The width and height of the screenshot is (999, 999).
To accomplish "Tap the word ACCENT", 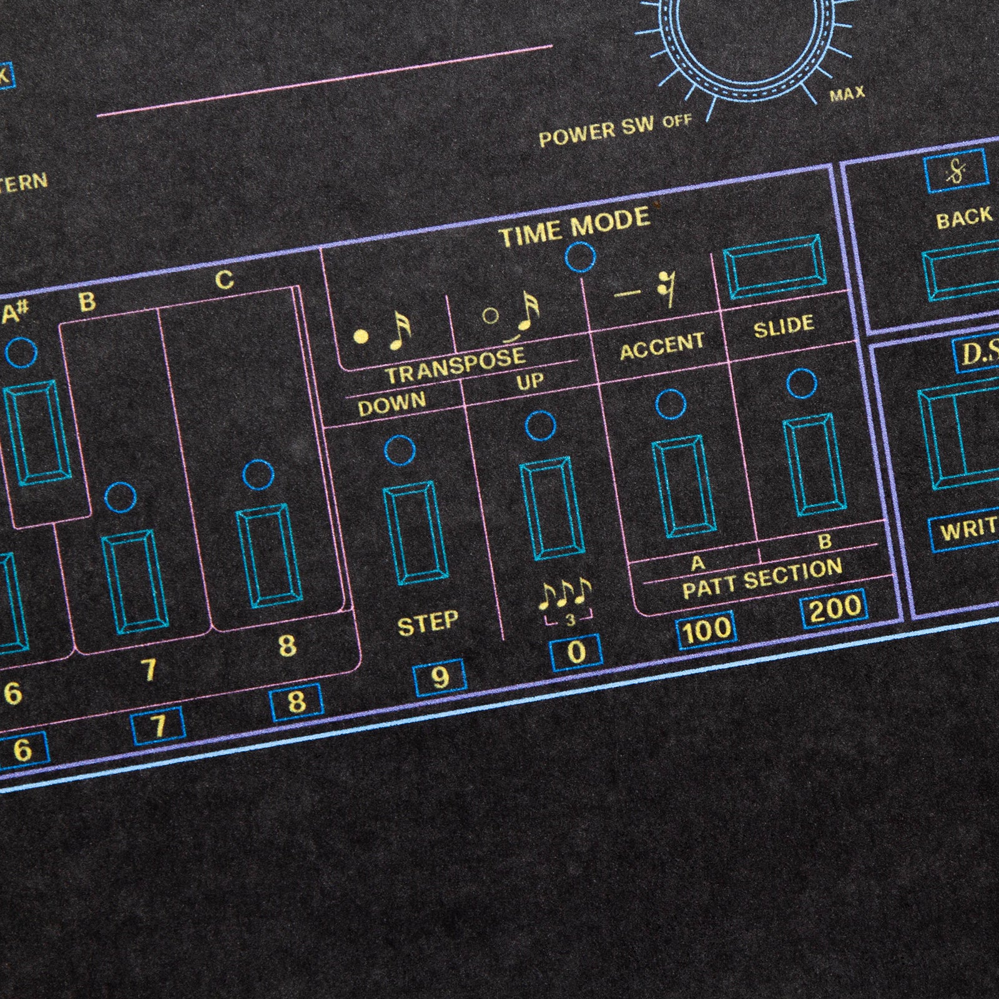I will click(x=662, y=346).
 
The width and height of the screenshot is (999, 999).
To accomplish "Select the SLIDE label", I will click(x=784, y=326).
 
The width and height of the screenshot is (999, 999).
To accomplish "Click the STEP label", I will click(x=428, y=623).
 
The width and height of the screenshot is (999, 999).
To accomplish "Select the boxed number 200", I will click(x=834, y=608).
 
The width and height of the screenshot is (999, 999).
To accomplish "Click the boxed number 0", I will click(x=576, y=652).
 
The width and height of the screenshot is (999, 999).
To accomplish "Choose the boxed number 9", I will click(x=440, y=677).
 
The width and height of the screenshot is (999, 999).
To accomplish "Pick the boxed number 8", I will click(x=296, y=702).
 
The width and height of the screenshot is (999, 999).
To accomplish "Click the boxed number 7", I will click(x=158, y=726).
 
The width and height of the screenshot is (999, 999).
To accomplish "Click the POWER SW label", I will click(x=596, y=132).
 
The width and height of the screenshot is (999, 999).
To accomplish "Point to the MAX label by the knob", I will click(x=847, y=94).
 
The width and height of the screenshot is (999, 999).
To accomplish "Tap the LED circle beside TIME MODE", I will click(x=580, y=256).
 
